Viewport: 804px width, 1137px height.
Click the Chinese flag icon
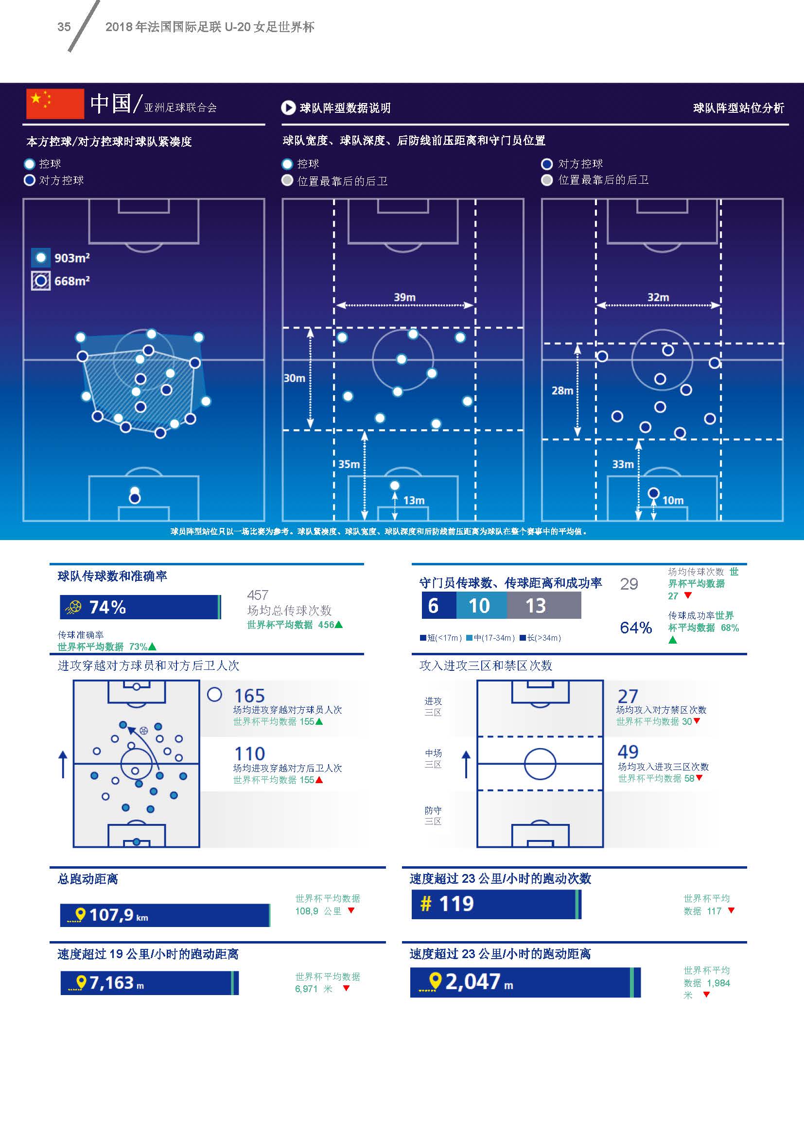coord(55,104)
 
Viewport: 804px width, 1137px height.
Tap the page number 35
coord(64,27)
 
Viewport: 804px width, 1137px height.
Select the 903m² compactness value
coord(72,258)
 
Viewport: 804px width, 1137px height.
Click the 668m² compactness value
coord(72,281)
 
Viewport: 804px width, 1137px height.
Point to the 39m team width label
coord(404,297)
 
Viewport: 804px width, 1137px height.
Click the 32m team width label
coord(658,297)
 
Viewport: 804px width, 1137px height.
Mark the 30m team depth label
coord(294,378)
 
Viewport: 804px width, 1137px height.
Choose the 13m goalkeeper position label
coord(414,500)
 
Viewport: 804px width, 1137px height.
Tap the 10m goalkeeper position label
coord(673,500)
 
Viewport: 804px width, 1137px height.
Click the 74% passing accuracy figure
coord(107,607)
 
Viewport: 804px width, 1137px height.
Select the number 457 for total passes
coord(258,595)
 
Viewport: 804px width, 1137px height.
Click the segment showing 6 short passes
coord(438,606)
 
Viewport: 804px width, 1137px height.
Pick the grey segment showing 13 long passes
coord(543,606)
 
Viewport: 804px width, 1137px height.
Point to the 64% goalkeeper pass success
coord(636,628)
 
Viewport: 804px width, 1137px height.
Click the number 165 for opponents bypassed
coord(249,695)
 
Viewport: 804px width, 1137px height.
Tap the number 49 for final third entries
coord(628,752)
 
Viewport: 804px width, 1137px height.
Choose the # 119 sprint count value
coord(447,904)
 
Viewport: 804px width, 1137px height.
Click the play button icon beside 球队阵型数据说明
coord(288,107)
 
